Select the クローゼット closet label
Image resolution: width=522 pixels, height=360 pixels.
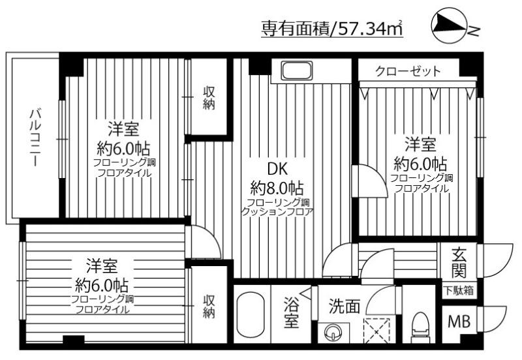click(x=408, y=70)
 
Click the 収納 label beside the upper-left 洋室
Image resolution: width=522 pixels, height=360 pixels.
click(x=208, y=98)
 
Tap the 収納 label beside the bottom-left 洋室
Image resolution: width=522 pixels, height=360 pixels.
click(x=208, y=307)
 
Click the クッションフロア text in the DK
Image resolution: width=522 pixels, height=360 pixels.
click(x=277, y=212)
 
